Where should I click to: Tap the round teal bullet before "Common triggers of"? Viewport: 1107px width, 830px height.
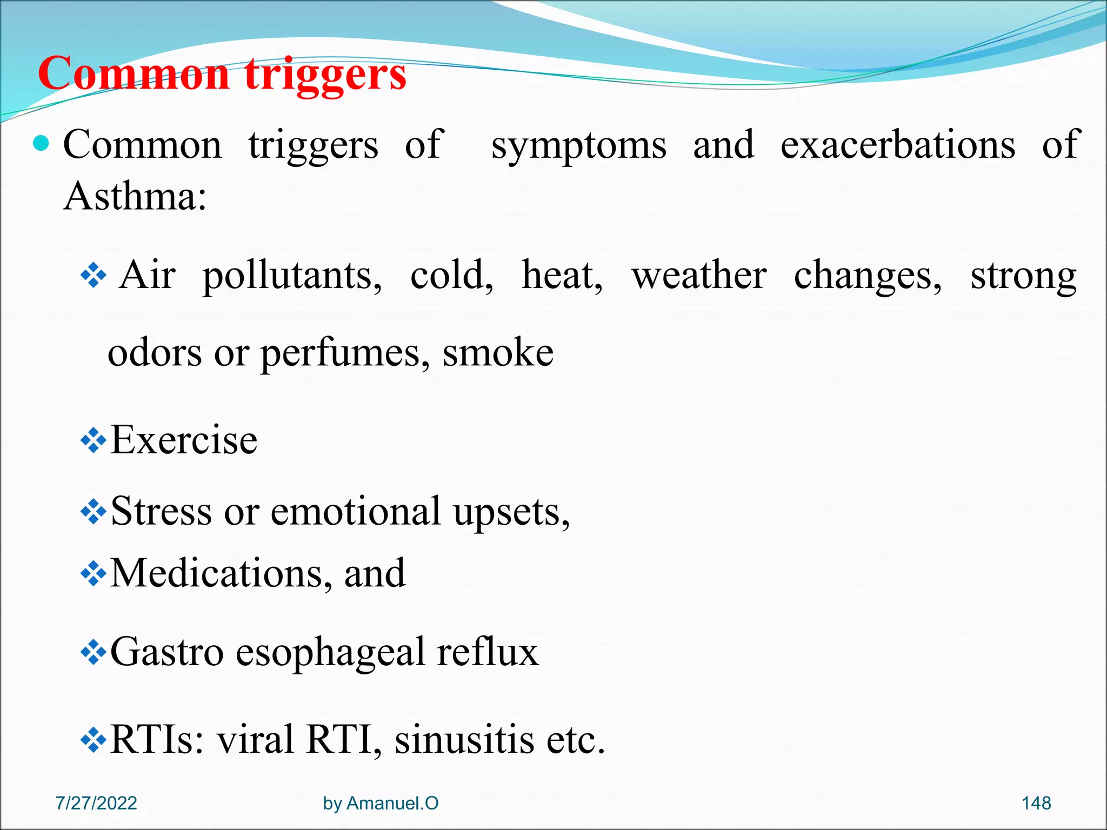[x=41, y=144]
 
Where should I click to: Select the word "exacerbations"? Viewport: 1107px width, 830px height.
[x=898, y=145]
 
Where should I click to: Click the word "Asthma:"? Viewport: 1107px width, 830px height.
[x=135, y=196]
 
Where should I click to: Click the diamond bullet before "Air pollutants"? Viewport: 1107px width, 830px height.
[x=93, y=276]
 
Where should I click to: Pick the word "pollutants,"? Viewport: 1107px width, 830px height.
[x=292, y=276]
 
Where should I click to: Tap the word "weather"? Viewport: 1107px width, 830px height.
[x=699, y=275]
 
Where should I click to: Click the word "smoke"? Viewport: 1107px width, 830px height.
[x=498, y=352]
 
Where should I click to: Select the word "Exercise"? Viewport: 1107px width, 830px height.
[x=184, y=440]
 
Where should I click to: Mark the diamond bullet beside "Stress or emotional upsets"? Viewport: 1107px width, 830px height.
[x=93, y=512]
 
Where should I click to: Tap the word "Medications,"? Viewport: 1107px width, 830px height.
[x=221, y=573]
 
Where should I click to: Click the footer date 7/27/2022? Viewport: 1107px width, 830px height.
[x=96, y=803]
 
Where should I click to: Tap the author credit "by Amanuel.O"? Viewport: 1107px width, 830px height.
[x=381, y=803]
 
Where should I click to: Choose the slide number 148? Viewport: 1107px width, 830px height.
[x=1036, y=803]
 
